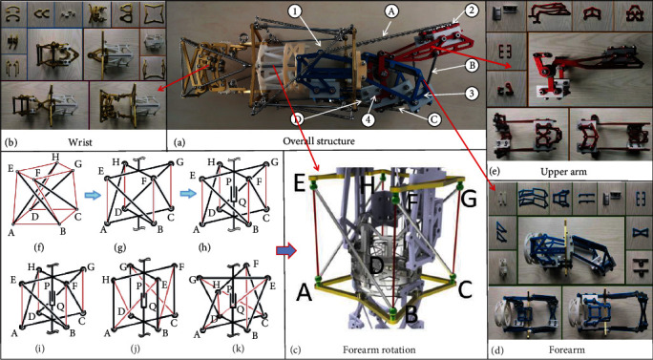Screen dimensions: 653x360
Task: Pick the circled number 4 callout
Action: (369, 120)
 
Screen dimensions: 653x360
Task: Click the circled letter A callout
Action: (390, 12)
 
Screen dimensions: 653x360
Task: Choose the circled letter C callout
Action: (434, 120)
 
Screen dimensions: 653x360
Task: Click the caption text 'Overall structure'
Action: (319, 140)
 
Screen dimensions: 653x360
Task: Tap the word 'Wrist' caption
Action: (82, 142)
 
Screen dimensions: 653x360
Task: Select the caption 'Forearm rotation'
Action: (379, 349)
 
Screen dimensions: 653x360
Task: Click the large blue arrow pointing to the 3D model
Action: (286, 250)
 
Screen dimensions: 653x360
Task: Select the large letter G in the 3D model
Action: (470, 200)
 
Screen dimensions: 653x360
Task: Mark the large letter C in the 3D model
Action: (465, 288)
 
